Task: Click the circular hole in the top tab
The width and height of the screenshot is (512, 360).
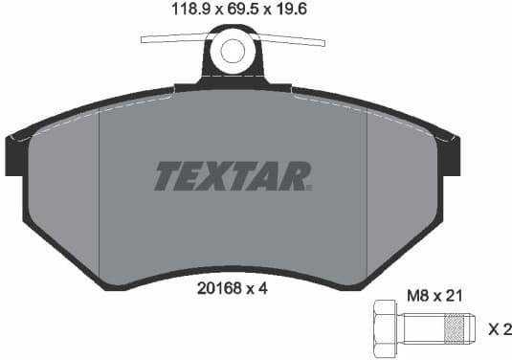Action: [233, 51]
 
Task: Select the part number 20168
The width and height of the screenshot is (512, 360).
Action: [219, 284]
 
